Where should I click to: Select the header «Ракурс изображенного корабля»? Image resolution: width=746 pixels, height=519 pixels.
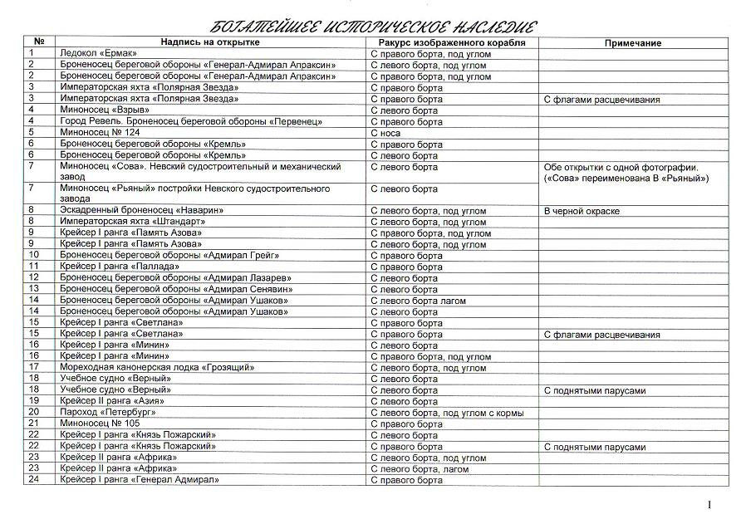[x=452, y=42]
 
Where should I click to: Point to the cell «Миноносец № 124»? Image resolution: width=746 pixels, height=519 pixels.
[x=94, y=133]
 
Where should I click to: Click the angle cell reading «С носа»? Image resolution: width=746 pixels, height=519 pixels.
[x=386, y=133]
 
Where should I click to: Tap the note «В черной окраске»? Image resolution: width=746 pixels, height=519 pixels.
[x=582, y=211]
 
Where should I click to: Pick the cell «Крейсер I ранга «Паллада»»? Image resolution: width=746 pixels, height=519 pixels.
[x=120, y=267]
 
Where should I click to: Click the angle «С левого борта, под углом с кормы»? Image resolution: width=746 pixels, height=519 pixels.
[x=446, y=412]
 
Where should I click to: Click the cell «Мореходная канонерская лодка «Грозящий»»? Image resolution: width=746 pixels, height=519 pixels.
[x=157, y=367]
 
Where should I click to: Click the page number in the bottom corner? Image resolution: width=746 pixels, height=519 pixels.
[x=710, y=504]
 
